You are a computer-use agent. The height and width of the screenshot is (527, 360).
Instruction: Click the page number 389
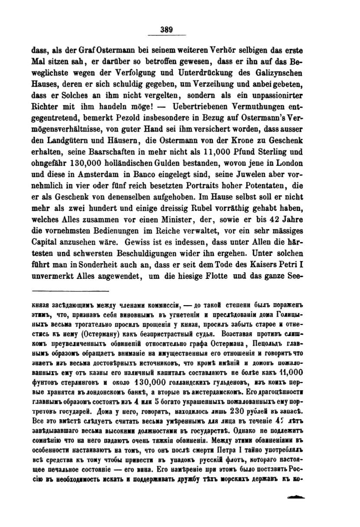(166, 30)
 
